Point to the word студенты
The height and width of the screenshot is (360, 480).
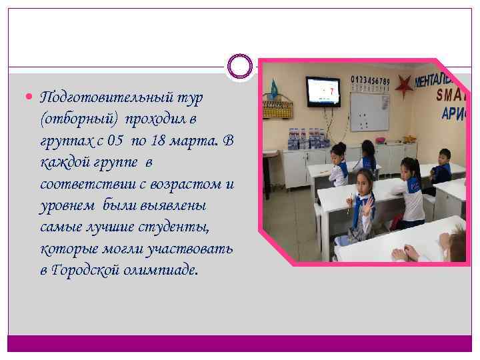pyautogui.click(x=181, y=227)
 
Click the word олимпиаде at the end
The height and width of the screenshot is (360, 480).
pyautogui.click(x=165, y=271)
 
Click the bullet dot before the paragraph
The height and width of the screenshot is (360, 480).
pyautogui.click(x=32, y=97)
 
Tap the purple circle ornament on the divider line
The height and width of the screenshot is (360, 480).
pyautogui.click(x=239, y=67)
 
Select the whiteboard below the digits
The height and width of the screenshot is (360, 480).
pyautogui.click(x=369, y=111)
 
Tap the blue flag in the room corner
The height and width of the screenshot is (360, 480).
pyautogui.click(x=273, y=89)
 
